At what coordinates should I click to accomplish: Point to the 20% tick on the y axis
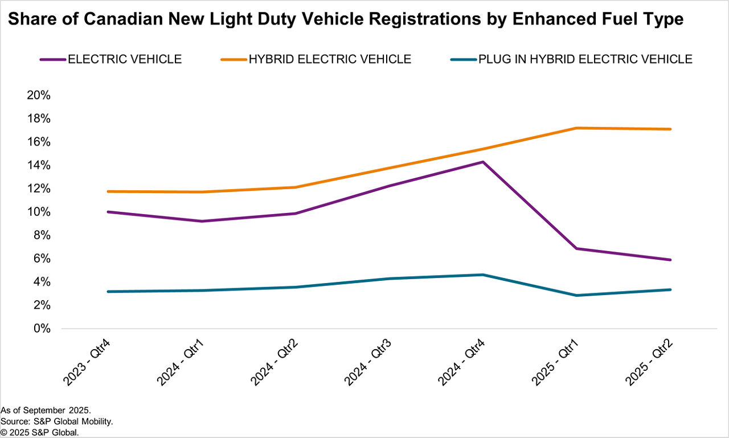39,96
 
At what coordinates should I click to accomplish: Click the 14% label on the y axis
39,166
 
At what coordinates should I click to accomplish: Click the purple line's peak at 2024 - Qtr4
483,162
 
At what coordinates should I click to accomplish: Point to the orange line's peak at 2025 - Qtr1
577,128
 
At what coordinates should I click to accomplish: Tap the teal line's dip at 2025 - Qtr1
577,296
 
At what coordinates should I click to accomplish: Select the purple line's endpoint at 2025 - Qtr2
670,260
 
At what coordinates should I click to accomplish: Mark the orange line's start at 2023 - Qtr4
108,191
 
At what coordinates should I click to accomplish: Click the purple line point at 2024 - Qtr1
202,221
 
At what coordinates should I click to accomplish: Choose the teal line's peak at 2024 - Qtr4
483,275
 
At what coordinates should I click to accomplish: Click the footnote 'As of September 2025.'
46,410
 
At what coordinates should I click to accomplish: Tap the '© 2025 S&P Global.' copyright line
39,432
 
